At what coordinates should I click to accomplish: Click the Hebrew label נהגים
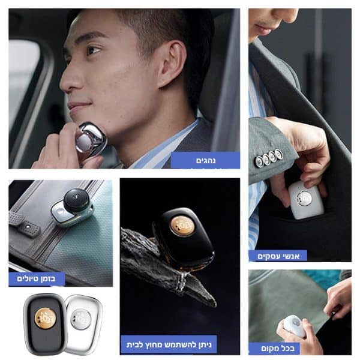206,160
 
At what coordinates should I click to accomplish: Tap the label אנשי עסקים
278,256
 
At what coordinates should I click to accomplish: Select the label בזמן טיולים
36,279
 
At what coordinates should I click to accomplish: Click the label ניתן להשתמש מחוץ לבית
169,344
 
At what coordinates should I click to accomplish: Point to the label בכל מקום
278,348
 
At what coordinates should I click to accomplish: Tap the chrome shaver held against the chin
91,137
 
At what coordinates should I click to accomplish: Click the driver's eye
94,50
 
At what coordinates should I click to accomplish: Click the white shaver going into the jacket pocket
304,199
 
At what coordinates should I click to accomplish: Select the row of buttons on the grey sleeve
269,157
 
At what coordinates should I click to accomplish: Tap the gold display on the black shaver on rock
182,226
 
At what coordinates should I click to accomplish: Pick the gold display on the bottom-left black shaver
45,318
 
